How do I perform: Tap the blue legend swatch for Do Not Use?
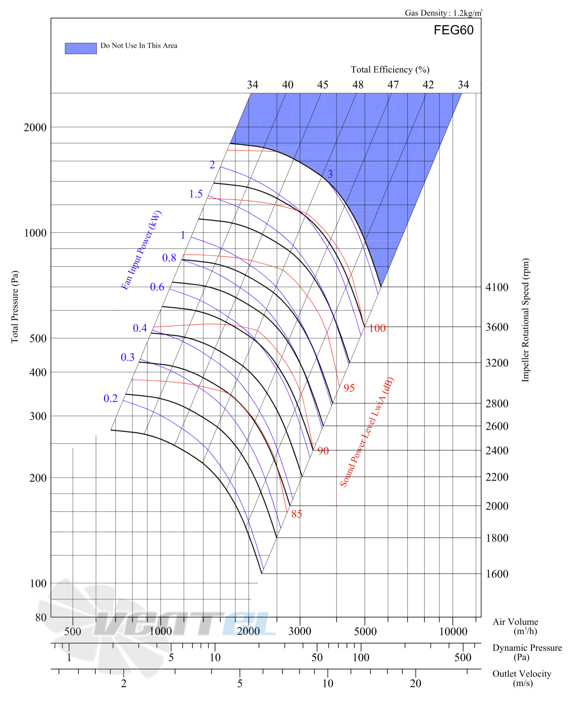click(80, 48)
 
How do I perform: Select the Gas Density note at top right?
click(443, 13)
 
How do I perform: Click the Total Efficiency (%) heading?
click(390, 69)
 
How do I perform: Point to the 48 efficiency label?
click(358, 85)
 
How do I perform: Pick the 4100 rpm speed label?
click(496, 287)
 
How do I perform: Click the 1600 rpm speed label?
click(496, 574)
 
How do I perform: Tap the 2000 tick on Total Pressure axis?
click(35, 127)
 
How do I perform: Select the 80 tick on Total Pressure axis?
click(41, 617)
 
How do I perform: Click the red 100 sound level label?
click(377, 328)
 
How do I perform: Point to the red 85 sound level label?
click(296, 514)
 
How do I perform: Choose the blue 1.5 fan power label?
click(196, 194)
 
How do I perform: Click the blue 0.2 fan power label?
click(110, 398)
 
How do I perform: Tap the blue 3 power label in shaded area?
click(330, 174)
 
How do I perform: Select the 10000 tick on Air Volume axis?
click(453, 631)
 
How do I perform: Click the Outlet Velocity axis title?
click(522, 679)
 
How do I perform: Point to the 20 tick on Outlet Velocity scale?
click(415, 683)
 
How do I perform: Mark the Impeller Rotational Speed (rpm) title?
click(525, 320)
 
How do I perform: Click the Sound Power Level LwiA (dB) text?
click(367, 432)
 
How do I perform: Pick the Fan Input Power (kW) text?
click(141, 250)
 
